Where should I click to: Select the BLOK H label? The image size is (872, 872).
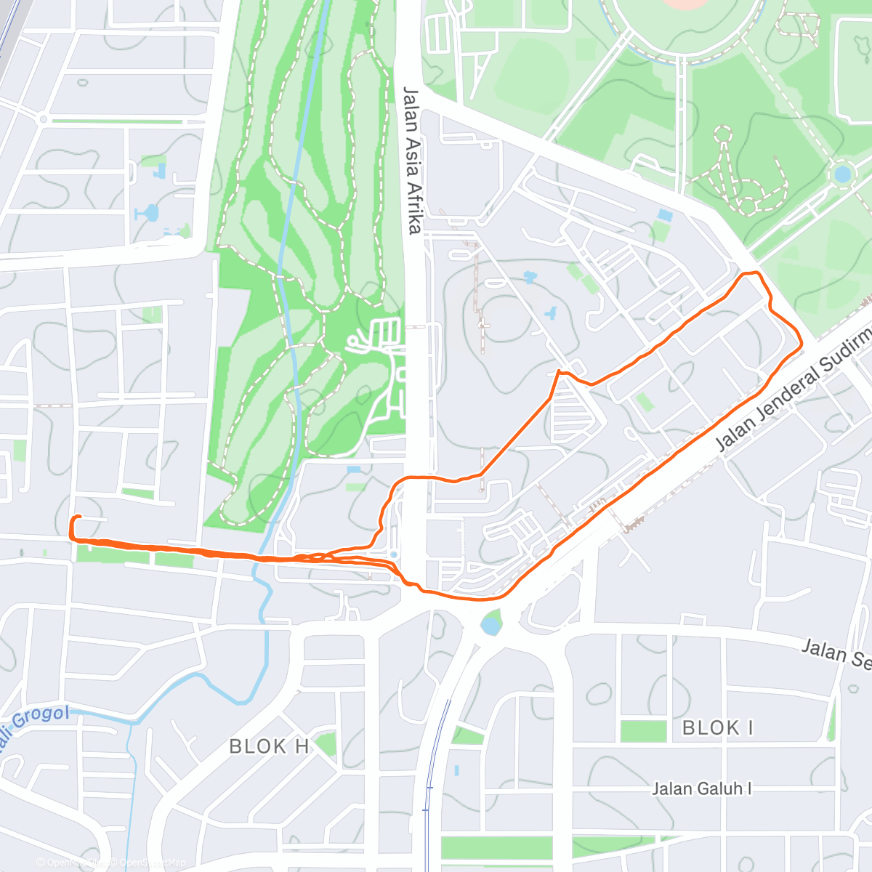click(x=269, y=746)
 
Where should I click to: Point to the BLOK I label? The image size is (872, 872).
click(x=718, y=727)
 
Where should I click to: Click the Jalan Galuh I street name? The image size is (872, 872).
click(x=701, y=788)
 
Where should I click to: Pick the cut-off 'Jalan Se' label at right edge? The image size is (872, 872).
click(x=836, y=652)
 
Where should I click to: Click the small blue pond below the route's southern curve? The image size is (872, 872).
click(x=491, y=624)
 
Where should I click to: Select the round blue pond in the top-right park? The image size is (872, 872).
click(x=842, y=174)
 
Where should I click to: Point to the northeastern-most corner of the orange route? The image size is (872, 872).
click(x=756, y=273)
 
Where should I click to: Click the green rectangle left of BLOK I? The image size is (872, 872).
click(x=642, y=730)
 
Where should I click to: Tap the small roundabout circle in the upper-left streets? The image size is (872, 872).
click(x=44, y=118)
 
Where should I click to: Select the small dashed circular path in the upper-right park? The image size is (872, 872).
click(x=722, y=134)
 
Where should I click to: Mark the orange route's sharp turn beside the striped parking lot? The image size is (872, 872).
click(x=558, y=372)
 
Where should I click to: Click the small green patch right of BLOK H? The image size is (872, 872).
click(x=326, y=743)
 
